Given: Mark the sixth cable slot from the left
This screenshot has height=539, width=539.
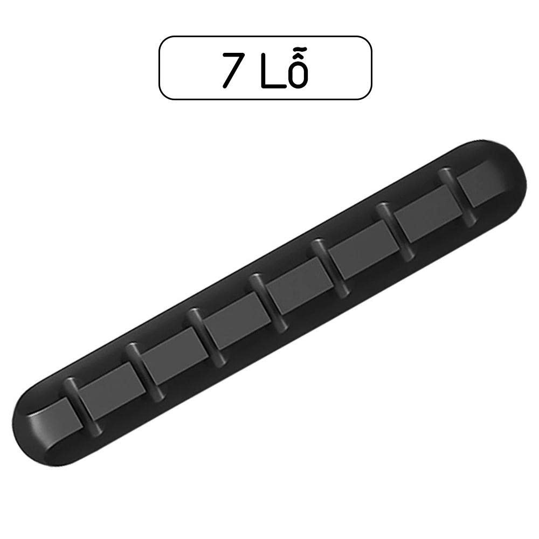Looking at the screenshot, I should click(x=393, y=232).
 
